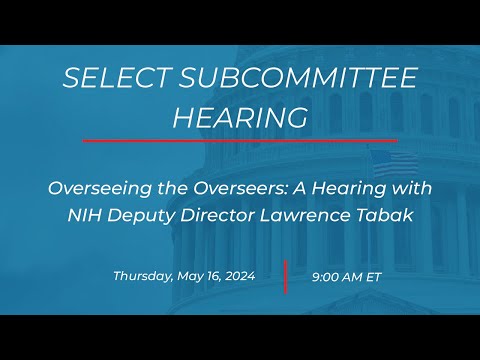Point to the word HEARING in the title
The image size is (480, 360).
pyautogui.click(x=240, y=117)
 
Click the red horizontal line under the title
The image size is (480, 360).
pyautogui.click(x=240, y=140)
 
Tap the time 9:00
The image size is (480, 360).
pyautogui.click(x=327, y=276)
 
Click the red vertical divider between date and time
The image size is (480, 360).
pyautogui.click(x=285, y=277)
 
